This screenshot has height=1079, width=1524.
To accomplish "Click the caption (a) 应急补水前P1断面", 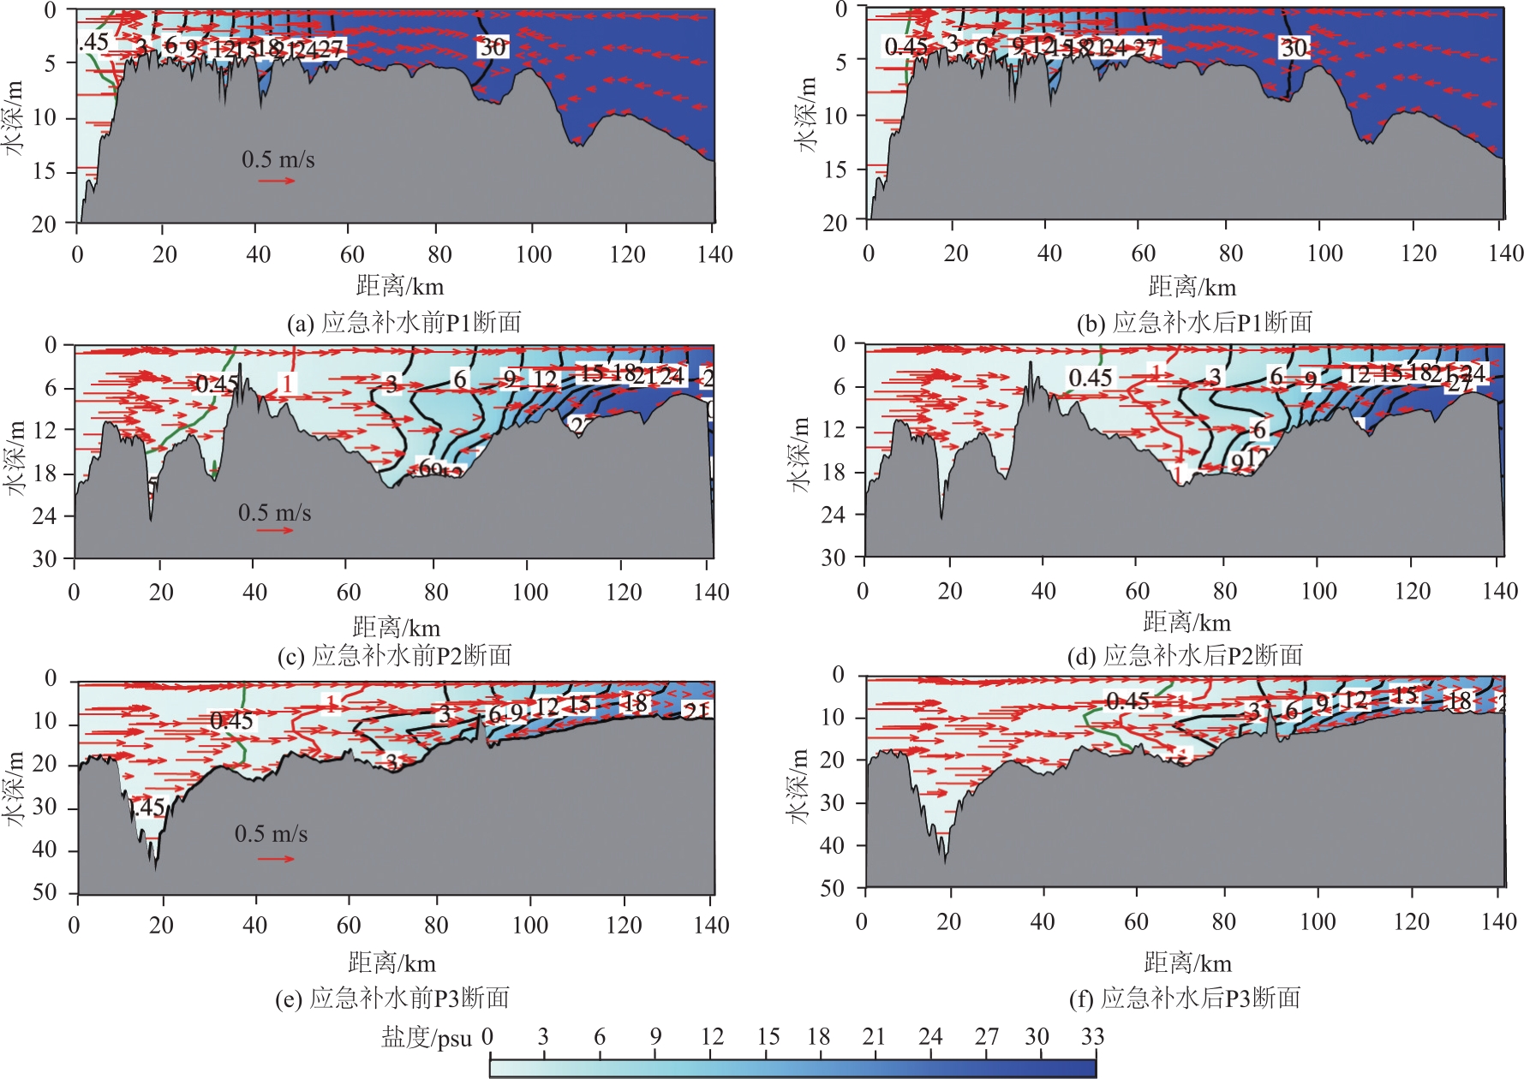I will click(x=403, y=323).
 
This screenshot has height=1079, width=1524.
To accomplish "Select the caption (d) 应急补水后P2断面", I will click(x=1185, y=656).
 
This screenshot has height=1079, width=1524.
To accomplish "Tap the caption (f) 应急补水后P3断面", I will click(x=1185, y=998).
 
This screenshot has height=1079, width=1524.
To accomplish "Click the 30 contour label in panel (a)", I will click(x=493, y=47).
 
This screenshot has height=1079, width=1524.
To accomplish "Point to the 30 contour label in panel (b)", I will click(x=1294, y=48).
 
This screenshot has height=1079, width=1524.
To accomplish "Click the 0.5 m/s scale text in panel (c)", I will click(x=274, y=513).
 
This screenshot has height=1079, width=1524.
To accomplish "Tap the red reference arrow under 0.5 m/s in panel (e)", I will click(x=276, y=858).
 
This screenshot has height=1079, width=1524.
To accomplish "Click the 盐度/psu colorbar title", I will click(x=426, y=1038).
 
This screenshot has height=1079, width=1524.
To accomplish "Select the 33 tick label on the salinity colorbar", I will click(x=1092, y=1037).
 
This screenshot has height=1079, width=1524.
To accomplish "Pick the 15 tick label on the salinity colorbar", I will click(x=768, y=1037).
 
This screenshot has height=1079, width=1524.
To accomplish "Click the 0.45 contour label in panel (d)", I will click(x=1090, y=378).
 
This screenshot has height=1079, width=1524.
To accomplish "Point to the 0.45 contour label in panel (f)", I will click(x=1127, y=701).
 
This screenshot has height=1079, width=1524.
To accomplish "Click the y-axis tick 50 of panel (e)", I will click(x=45, y=892).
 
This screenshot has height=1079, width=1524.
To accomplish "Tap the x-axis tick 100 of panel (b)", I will click(x=1324, y=253).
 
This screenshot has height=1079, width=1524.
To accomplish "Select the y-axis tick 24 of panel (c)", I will click(x=45, y=516).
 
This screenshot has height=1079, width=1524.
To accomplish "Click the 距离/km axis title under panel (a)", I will click(x=400, y=286).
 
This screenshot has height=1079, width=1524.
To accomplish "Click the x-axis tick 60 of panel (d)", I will click(x=1137, y=591).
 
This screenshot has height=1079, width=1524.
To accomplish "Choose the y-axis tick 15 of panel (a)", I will click(x=45, y=171).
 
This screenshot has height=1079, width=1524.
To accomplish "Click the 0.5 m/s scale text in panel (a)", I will click(x=278, y=160).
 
